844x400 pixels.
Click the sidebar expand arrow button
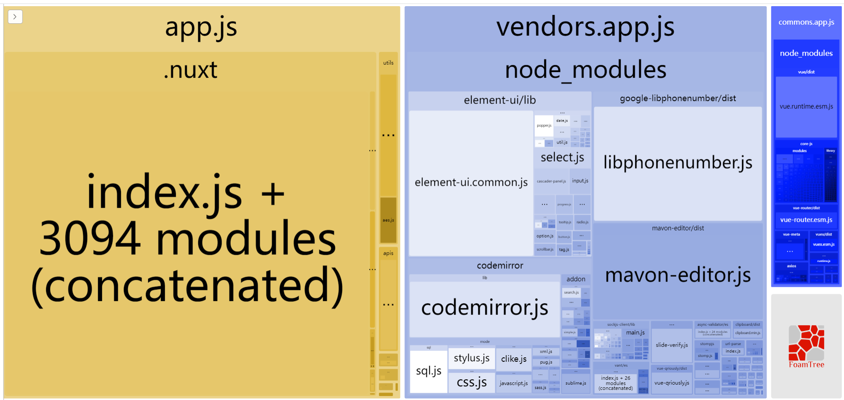(x=15, y=17)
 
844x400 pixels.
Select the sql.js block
(x=429, y=371)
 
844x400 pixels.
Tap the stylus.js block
(x=471, y=358)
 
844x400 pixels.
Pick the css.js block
(x=471, y=382)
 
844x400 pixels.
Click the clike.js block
(x=513, y=359)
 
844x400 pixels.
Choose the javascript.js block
(x=513, y=383)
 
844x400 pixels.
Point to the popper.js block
(x=544, y=126)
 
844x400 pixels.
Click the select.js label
(x=562, y=158)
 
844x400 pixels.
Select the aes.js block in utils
(x=388, y=220)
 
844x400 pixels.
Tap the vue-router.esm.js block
(x=806, y=220)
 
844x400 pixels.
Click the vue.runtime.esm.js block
(x=806, y=106)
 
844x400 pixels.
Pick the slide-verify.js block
(x=672, y=345)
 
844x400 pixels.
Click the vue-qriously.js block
(x=672, y=383)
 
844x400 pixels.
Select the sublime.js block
(x=575, y=383)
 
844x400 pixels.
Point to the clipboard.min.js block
(x=747, y=333)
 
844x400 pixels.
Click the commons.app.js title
(x=806, y=22)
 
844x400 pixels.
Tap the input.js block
(x=580, y=181)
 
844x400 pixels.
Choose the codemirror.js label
(x=484, y=308)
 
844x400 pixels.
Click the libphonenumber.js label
(x=677, y=163)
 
